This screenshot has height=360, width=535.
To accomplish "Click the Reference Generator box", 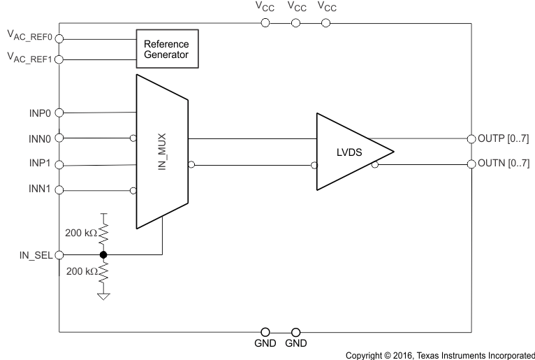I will [x=166, y=48].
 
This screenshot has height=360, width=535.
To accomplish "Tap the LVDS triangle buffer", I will [x=349, y=151].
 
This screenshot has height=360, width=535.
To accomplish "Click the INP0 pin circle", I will [x=59, y=112].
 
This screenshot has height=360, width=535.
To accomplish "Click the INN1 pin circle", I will [x=59, y=190].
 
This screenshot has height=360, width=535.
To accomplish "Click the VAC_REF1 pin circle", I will [x=59, y=59].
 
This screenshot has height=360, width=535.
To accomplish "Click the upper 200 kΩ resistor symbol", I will [x=103, y=231].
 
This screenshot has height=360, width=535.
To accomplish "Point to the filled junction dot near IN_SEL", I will [x=103, y=255].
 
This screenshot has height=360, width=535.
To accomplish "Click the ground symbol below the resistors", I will [x=103, y=296].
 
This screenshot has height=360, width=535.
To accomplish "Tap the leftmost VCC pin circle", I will [x=265, y=23].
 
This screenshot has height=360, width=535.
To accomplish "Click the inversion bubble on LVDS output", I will [x=376, y=165].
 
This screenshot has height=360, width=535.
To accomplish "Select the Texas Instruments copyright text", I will [x=440, y=354].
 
